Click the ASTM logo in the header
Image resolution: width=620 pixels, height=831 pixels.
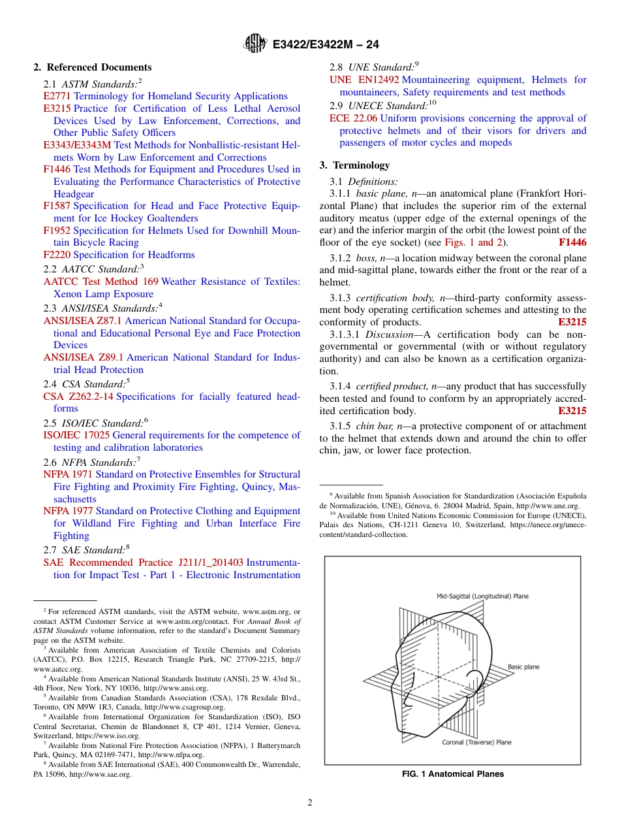[x=255, y=44]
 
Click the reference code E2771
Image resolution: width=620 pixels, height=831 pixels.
[x=57, y=96]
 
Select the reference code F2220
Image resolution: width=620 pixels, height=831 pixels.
[x=57, y=255]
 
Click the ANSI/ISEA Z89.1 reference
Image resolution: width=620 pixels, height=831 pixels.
[x=83, y=357]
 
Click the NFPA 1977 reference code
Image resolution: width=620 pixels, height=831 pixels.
[x=68, y=511]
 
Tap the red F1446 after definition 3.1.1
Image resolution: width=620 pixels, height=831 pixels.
[x=572, y=242]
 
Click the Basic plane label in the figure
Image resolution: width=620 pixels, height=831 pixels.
[x=523, y=667]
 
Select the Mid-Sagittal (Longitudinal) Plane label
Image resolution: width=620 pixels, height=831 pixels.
[x=482, y=596]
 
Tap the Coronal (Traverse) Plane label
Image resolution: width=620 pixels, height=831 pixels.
[x=476, y=742]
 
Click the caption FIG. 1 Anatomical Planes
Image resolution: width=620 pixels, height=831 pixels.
[x=452, y=774]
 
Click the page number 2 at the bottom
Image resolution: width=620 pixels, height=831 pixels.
[x=310, y=803]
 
